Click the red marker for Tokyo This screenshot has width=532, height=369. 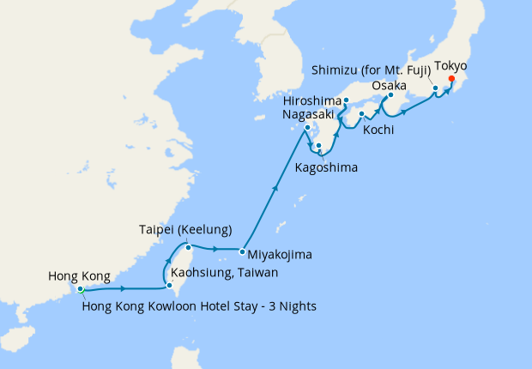451,82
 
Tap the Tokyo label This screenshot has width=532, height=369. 451,66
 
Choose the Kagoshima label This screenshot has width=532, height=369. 326,166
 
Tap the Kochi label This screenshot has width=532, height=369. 378,130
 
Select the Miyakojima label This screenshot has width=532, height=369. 280,254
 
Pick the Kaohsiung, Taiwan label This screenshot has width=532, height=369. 225,272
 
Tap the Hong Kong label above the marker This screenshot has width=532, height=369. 79,275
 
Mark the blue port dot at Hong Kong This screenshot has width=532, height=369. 80,289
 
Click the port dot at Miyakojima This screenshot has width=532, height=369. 241,251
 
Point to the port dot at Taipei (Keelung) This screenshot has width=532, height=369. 187,247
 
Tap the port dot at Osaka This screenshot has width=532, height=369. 390,96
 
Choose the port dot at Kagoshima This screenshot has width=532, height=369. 318,147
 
